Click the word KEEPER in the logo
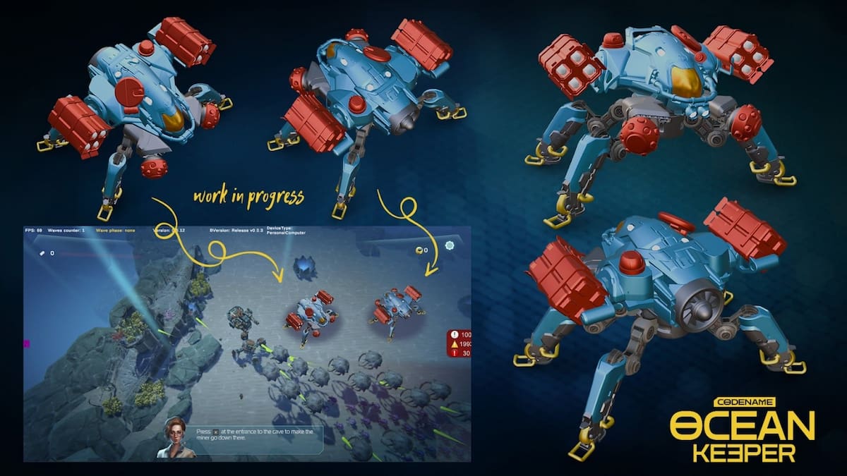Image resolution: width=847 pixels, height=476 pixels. pyautogui.click(x=742, y=453)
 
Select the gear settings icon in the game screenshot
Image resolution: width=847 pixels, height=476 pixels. pyautogui.click(x=450, y=245)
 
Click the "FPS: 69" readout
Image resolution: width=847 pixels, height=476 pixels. pyautogui.click(x=34, y=231)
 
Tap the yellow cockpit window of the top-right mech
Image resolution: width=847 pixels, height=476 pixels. pyautogui.click(x=686, y=83)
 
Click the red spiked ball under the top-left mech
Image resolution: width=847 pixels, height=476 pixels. pyautogui.click(x=154, y=167)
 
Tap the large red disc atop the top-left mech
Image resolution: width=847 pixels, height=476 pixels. pyautogui.click(x=129, y=92)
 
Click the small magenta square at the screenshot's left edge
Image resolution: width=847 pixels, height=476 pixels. pyautogui.click(x=27, y=343)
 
